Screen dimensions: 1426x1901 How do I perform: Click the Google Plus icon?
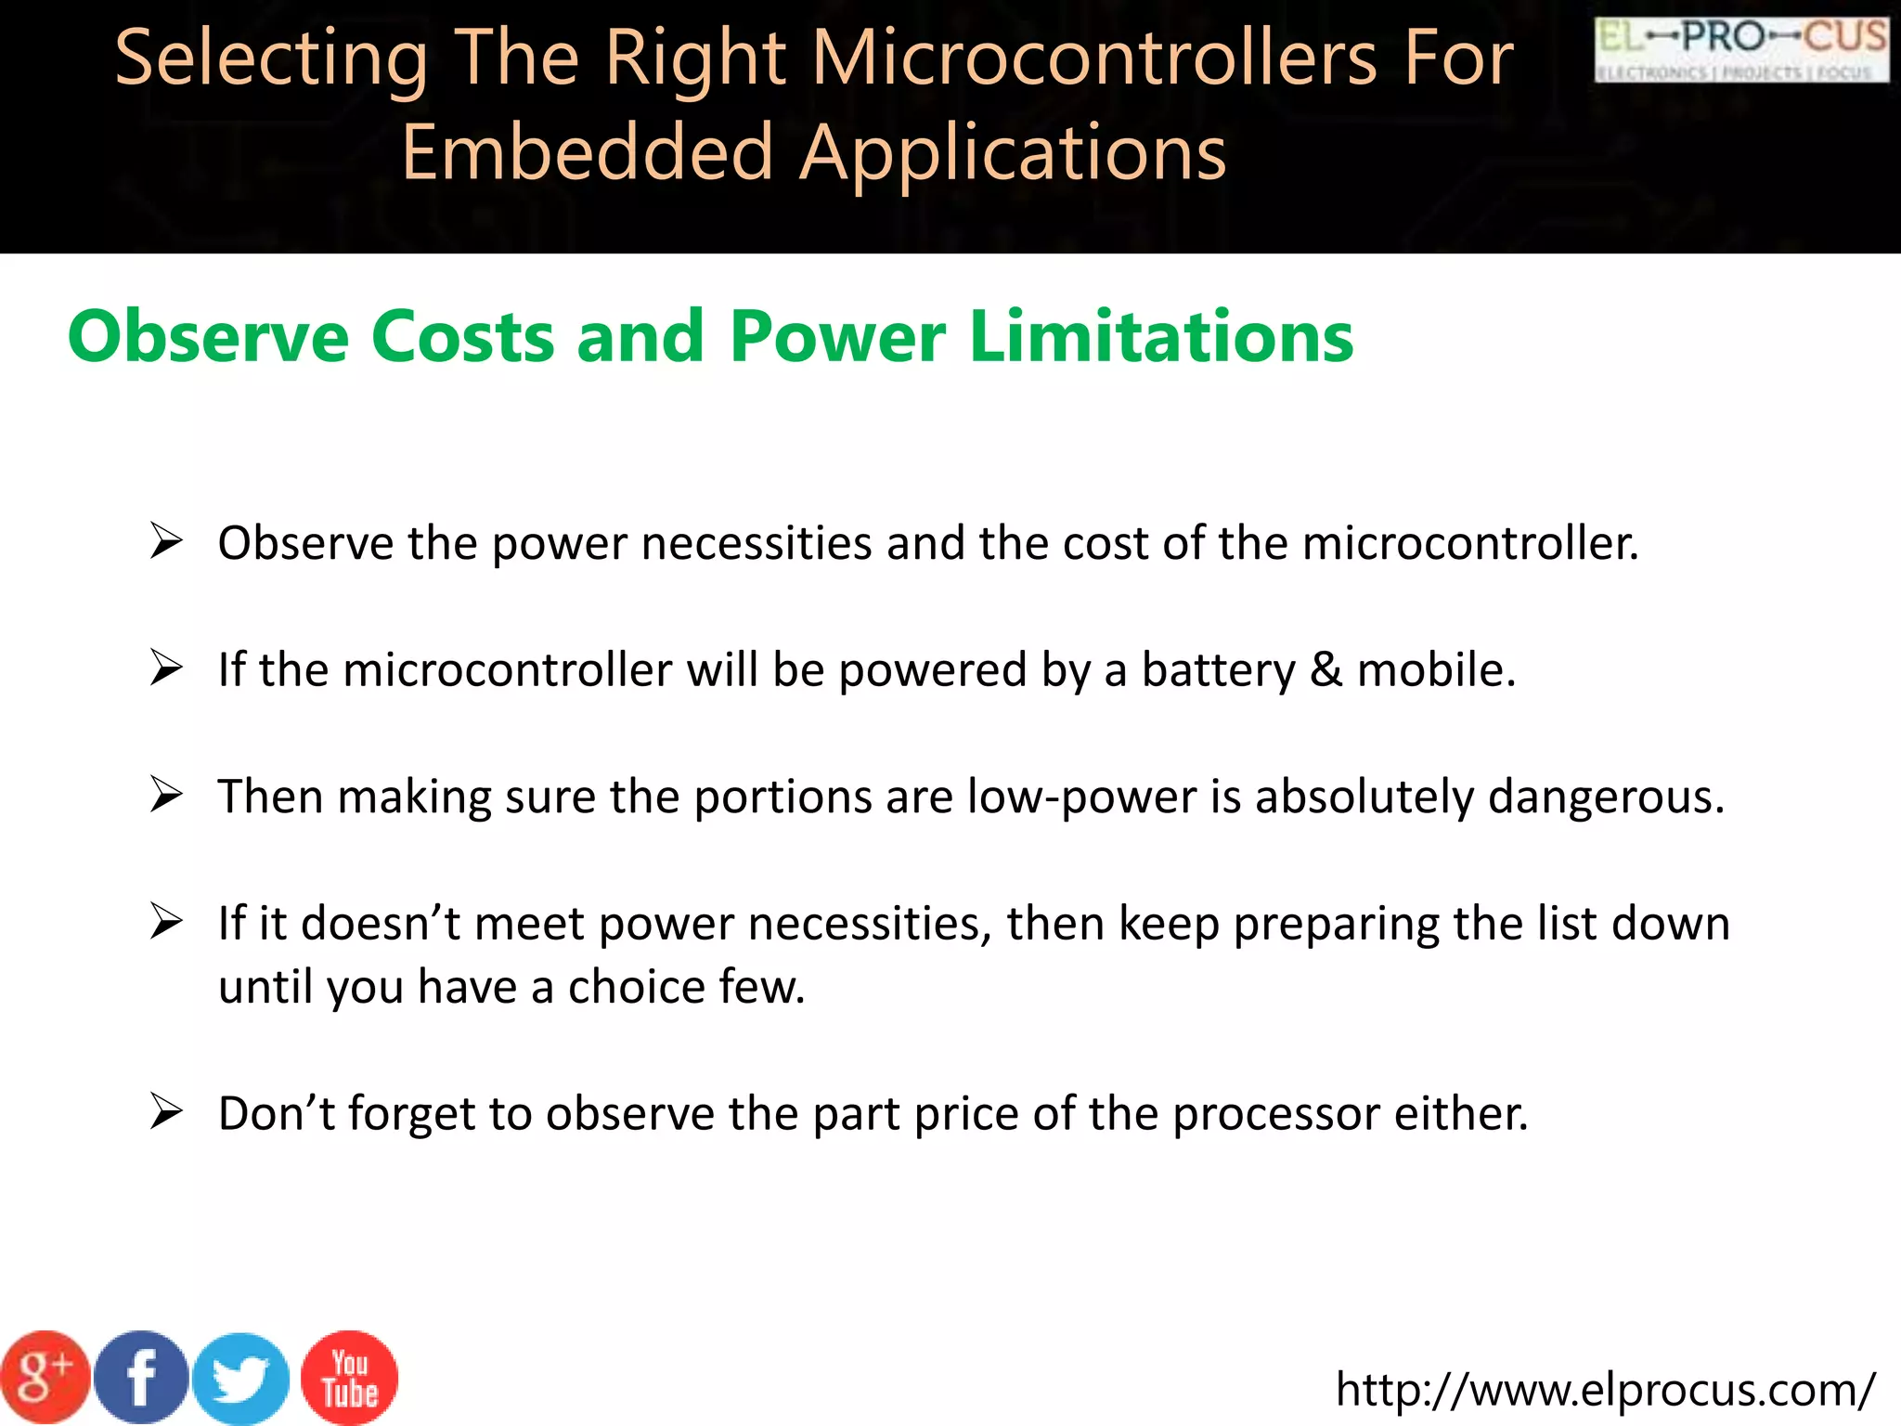pyautogui.click(x=45, y=1378)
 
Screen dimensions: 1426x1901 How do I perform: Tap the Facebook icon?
pyautogui.click(x=141, y=1378)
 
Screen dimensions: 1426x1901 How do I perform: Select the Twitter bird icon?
pyautogui.click(x=241, y=1380)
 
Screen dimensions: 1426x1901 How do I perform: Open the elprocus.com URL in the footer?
pyautogui.click(x=1605, y=1389)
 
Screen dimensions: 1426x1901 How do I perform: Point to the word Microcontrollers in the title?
pyautogui.click(x=1095, y=58)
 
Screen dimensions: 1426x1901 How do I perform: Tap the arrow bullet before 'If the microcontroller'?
pyautogui.click(x=166, y=668)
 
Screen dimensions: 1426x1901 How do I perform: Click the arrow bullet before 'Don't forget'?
pyautogui.click(x=166, y=1112)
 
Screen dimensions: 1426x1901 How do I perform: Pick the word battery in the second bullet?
pyautogui.click(x=1218, y=670)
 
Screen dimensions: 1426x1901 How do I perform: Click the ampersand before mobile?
pyautogui.click(x=1326, y=670)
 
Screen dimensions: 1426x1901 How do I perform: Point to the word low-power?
pyautogui.click(x=1081, y=797)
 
